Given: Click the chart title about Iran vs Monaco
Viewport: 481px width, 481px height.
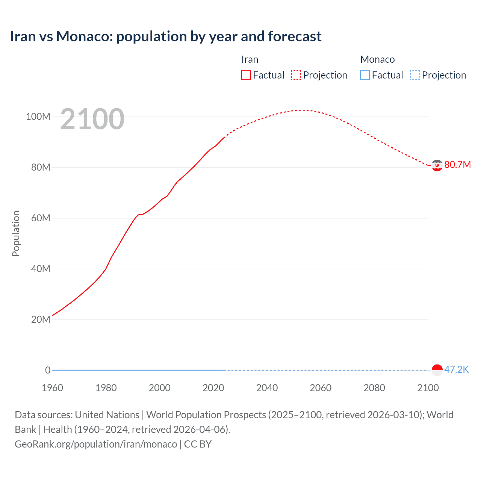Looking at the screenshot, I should [x=165, y=36].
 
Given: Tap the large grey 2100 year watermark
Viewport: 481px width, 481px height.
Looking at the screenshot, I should [x=92, y=119].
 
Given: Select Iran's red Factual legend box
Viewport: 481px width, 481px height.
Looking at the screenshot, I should [x=246, y=75].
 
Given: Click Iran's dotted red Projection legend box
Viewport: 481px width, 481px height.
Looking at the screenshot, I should [x=296, y=75].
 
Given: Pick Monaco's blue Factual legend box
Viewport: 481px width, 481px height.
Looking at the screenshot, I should [x=365, y=75].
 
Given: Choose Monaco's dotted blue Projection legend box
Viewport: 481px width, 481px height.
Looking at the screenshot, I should [x=415, y=75].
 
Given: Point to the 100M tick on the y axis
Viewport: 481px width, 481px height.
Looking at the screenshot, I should [x=38, y=116].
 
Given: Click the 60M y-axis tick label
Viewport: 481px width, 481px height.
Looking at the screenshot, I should [x=40, y=218].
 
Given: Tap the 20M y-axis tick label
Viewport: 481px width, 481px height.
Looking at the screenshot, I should [x=40, y=319].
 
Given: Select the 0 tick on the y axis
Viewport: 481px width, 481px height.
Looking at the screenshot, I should [x=48, y=370].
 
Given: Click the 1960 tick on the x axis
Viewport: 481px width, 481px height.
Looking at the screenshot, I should [x=52, y=388].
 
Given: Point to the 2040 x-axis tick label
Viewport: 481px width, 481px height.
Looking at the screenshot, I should [x=267, y=388].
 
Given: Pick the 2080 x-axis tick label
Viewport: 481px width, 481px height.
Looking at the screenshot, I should [x=374, y=388].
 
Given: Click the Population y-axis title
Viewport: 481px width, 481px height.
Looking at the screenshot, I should [x=16, y=233].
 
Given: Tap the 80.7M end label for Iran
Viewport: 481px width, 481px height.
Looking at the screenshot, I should [x=457, y=165].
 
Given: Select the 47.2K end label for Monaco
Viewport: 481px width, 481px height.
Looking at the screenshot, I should [x=456, y=369].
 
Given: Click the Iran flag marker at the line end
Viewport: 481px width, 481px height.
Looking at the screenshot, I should [x=437, y=165].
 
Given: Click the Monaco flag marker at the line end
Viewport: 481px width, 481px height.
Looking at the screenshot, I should [x=437, y=370].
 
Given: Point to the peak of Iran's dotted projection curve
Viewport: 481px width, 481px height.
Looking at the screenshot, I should [x=302, y=110].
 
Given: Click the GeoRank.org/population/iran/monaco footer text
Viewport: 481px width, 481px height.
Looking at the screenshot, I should [x=96, y=444].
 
